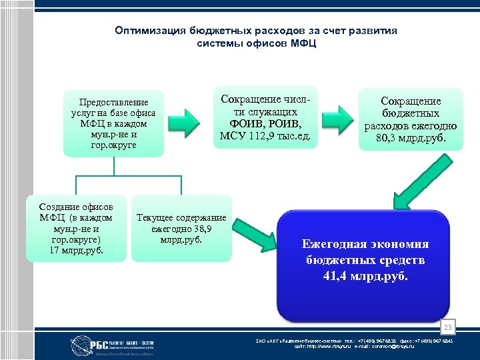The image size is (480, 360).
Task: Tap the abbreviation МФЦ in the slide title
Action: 303,43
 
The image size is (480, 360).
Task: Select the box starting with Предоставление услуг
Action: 114,123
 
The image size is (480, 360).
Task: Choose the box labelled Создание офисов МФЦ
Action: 76,228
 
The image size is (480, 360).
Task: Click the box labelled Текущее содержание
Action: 181,228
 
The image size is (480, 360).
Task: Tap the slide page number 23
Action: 449,327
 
